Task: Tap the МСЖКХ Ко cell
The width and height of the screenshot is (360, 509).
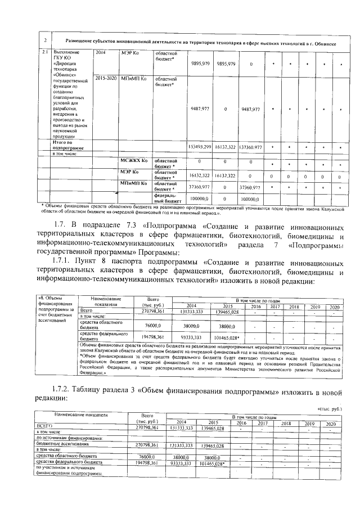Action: (134, 160)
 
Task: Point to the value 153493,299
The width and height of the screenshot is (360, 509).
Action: (200, 146)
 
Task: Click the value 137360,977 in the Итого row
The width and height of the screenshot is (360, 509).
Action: (251, 146)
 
